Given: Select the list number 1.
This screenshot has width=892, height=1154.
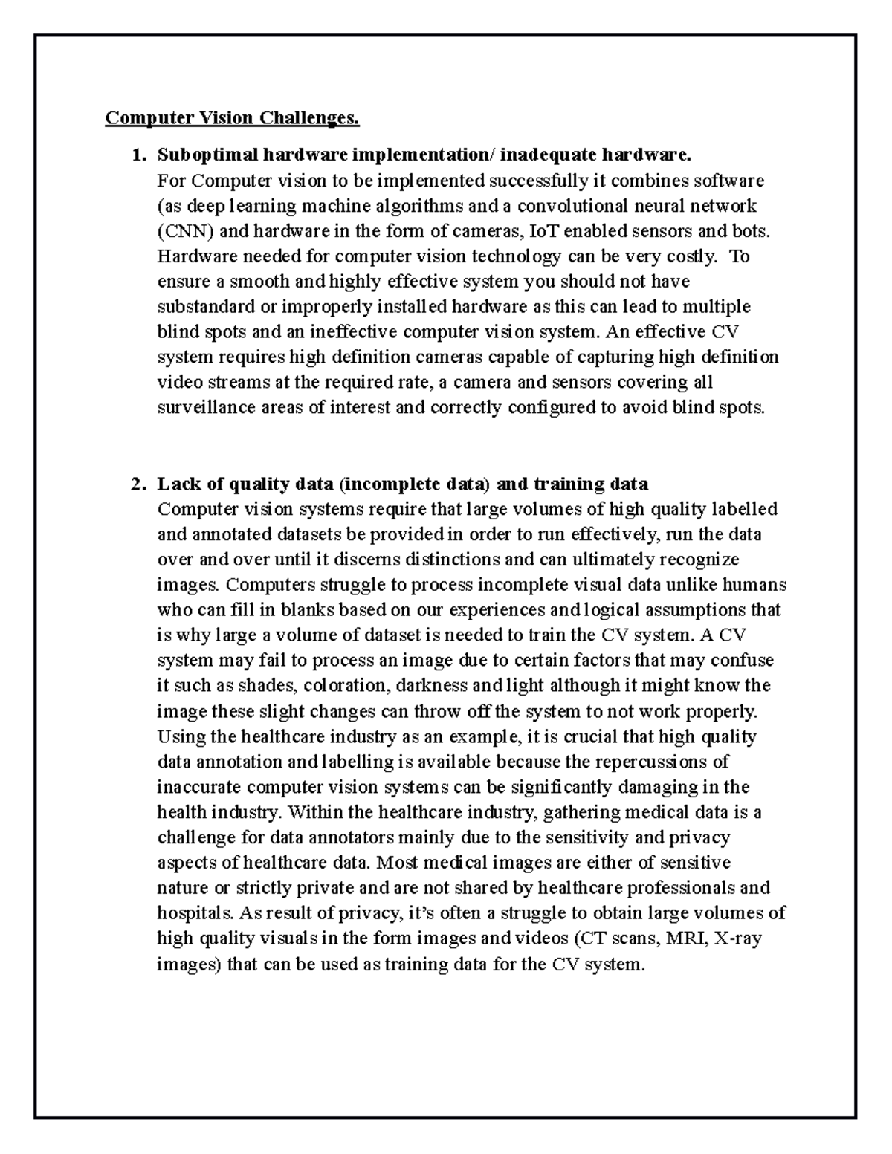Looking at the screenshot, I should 135,155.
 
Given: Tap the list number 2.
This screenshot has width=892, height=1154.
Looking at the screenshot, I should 135,484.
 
